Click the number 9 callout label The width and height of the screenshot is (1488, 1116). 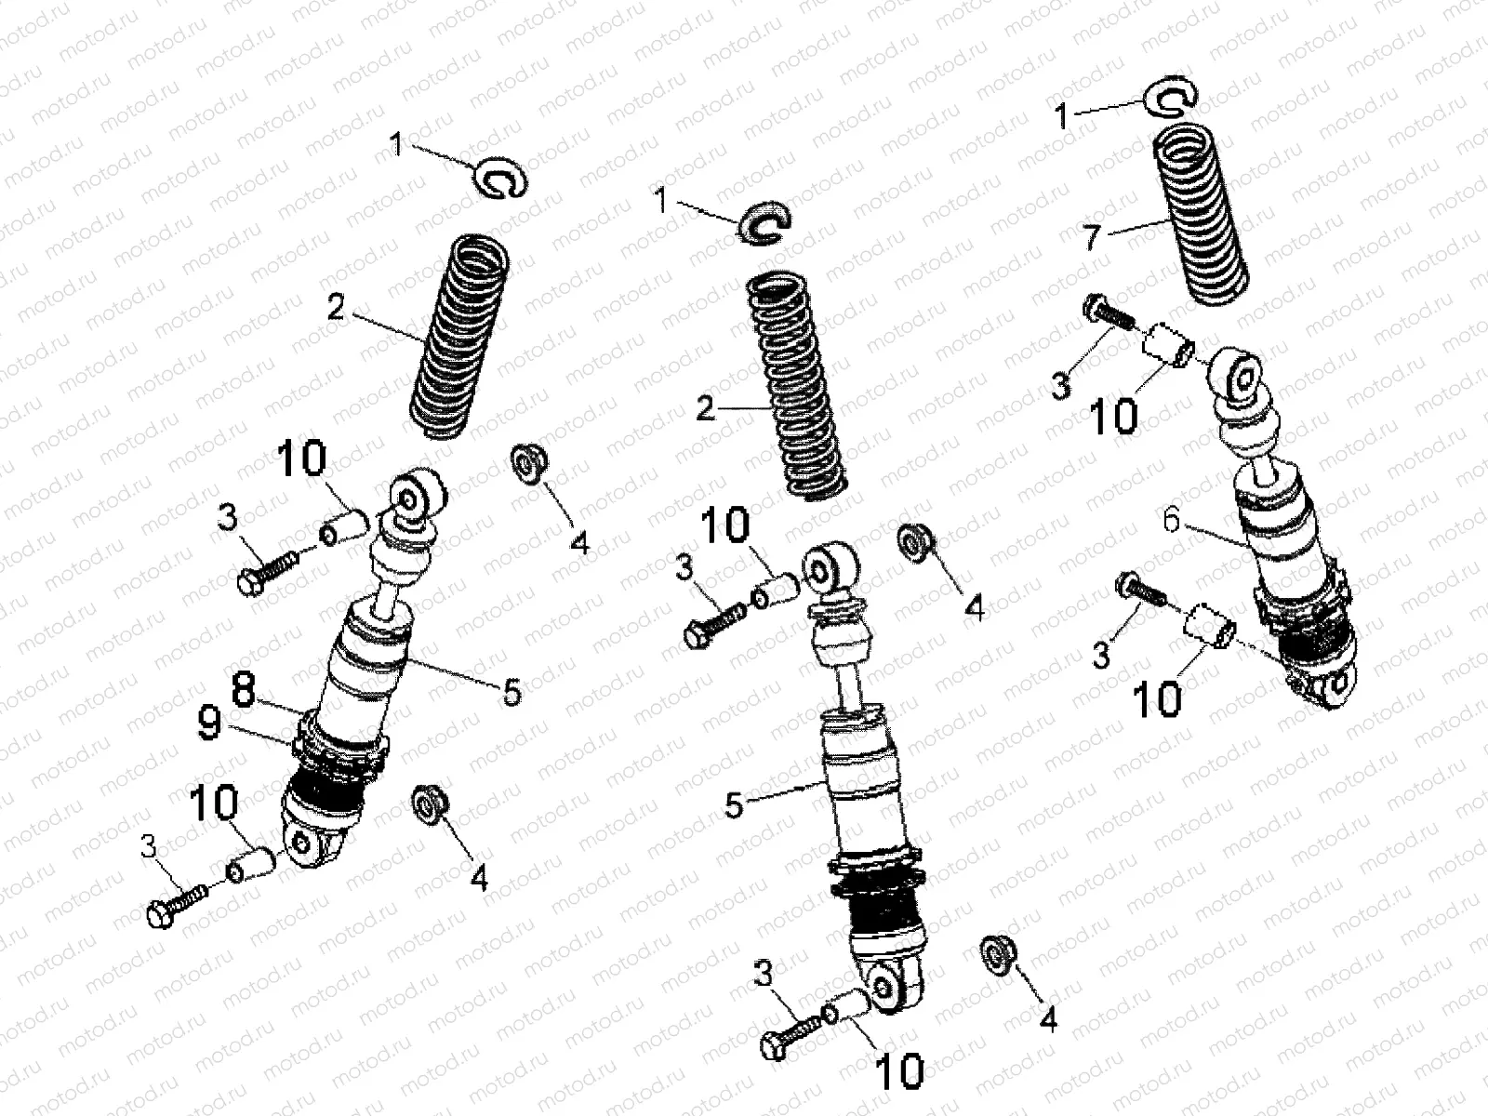(209, 725)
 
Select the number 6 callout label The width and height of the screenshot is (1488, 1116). (1171, 522)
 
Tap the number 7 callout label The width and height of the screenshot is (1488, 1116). (1091, 237)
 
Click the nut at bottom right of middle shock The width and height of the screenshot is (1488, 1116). (997, 956)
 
